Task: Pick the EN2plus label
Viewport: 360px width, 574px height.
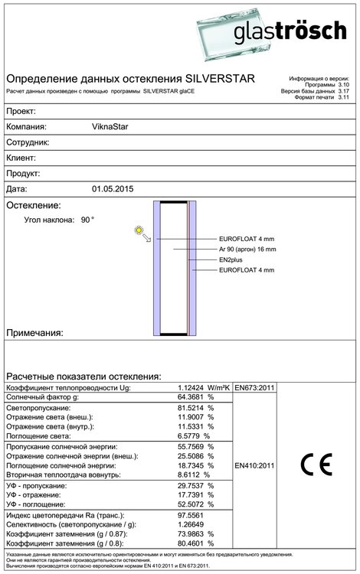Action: [231, 259]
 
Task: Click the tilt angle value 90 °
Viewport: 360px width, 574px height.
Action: [87, 220]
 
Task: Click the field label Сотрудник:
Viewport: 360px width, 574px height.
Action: [28, 142]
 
